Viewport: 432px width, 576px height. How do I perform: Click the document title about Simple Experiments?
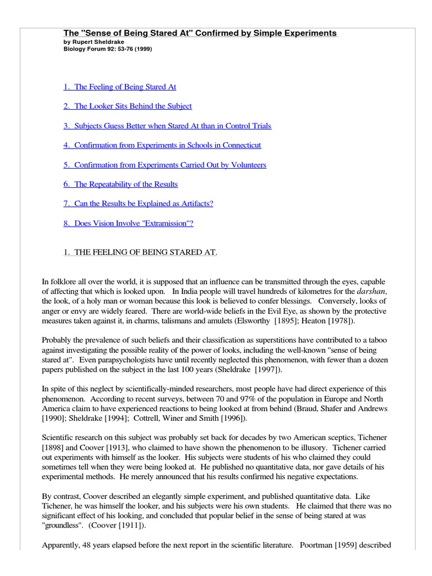point(200,33)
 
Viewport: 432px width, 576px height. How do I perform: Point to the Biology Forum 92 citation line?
point(107,49)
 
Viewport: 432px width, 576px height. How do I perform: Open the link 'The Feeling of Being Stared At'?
point(120,87)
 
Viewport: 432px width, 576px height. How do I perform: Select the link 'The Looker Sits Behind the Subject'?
point(128,106)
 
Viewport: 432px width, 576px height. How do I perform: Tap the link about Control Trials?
point(167,126)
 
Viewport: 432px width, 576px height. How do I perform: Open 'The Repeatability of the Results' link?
point(120,184)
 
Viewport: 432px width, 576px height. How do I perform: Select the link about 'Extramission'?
point(128,223)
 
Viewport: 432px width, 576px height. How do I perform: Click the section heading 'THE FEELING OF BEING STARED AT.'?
point(140,253)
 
